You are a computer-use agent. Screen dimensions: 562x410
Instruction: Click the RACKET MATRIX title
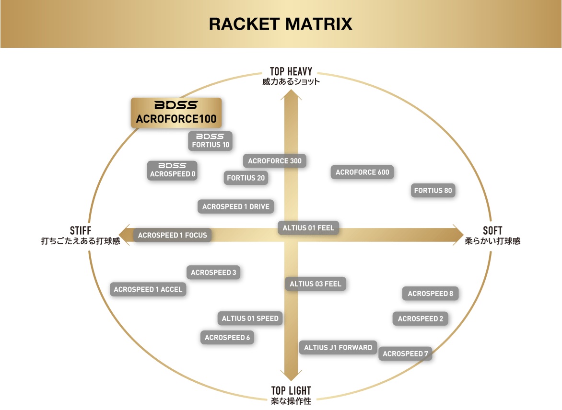point(281,24)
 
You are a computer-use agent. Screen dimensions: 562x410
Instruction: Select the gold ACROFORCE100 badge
point(176,113)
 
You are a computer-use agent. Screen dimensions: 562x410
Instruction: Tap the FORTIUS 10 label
point(211,141)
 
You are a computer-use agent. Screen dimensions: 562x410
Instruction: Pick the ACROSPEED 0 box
point(173,170)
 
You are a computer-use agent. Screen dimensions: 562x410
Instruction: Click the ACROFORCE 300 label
point(275,161)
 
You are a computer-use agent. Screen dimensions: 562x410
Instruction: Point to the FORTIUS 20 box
point(246,178)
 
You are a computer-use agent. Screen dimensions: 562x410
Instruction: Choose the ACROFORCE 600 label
point(362,172)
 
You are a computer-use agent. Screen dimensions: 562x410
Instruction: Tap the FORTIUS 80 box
point(433,191)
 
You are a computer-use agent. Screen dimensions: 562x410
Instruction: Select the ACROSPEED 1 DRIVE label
point(236,206)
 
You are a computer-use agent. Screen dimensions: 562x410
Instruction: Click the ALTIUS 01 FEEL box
point(308,228)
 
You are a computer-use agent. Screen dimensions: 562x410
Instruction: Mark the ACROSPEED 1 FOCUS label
point(173,235)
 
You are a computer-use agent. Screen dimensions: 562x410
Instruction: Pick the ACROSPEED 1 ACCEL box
point(148,289)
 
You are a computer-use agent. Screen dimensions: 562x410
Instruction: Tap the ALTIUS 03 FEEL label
point(316,284)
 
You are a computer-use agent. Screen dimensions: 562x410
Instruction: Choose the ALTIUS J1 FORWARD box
point(338,347)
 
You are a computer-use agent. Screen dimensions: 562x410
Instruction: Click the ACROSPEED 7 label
point(405,354)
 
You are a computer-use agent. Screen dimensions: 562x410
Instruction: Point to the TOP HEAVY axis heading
point(291,71)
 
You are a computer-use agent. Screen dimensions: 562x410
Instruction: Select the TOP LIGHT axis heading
point(291,390)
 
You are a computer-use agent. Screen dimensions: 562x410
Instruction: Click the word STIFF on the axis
point(81,230)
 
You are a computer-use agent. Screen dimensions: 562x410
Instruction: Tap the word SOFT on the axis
point(492,230)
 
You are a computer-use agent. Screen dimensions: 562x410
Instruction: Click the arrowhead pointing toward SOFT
point(459,235)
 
